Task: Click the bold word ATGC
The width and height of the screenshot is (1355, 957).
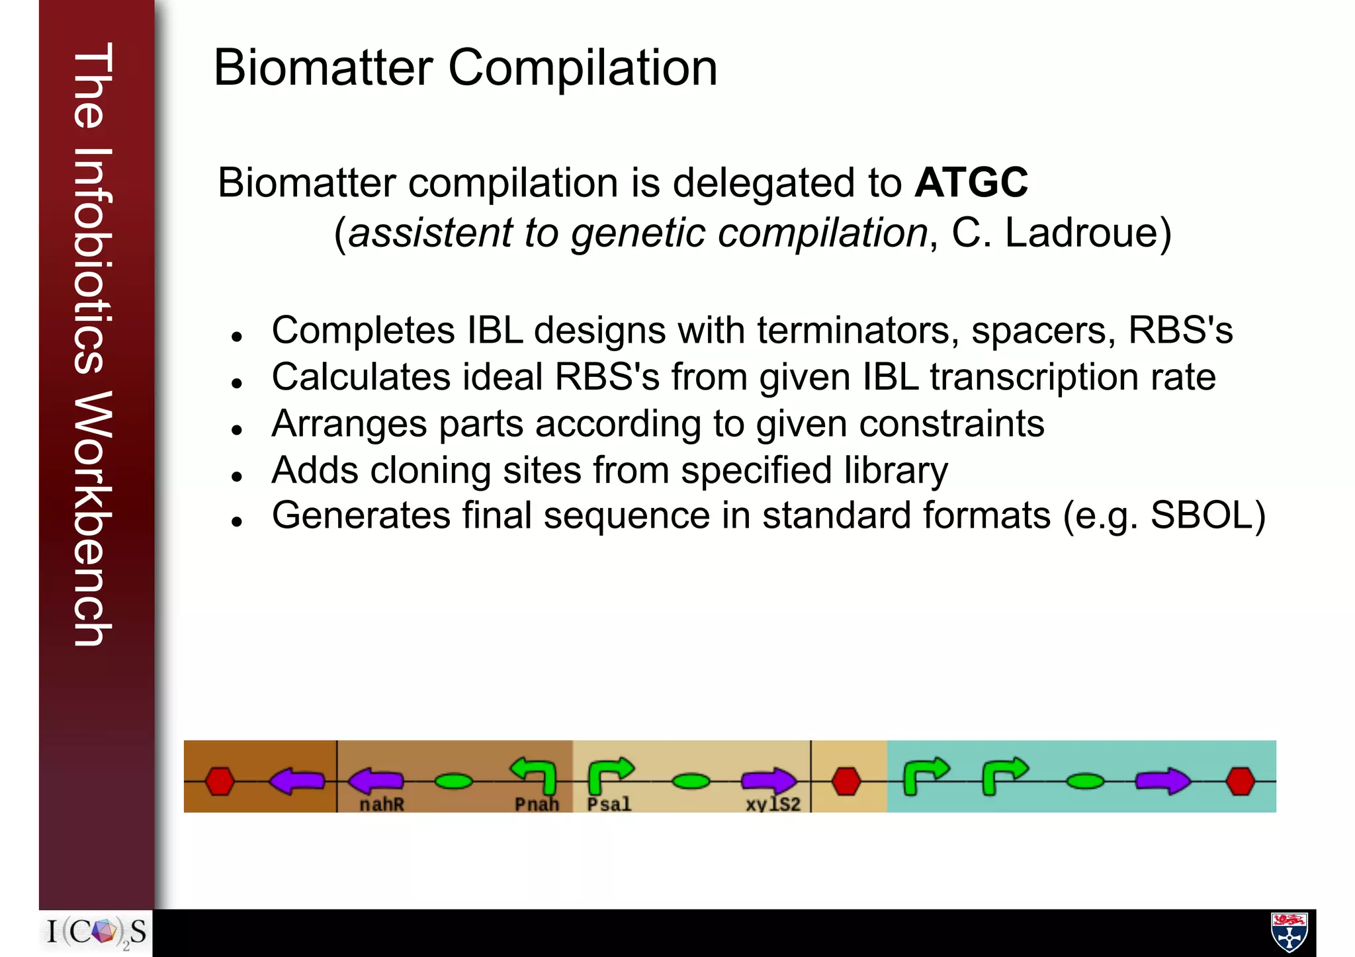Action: tap(971, 183)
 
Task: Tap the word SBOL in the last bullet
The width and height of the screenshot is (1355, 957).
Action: tap(1199, 515)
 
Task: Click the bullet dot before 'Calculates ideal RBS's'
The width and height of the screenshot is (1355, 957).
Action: tap(237, 383)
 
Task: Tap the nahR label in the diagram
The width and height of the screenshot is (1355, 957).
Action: tap(382, 804)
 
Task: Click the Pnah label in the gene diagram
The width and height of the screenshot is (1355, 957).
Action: tap(537, 804)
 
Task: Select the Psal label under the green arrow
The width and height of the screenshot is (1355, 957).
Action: tap(609, 804)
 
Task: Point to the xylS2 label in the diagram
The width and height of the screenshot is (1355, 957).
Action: tap(773, 804)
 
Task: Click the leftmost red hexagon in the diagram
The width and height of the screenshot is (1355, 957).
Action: tap(220, 781)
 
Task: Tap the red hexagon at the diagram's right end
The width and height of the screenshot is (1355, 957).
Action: tap(1240, 781)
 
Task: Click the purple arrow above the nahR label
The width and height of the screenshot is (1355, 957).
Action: tap(375, 780)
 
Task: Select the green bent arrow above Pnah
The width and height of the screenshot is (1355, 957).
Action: tap(535, 775)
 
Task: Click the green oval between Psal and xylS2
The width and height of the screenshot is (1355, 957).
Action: tap(691, 782)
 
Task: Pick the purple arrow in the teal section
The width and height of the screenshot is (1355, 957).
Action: tap(1162, 781)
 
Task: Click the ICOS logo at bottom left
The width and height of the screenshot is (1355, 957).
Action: tap(97, 933)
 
